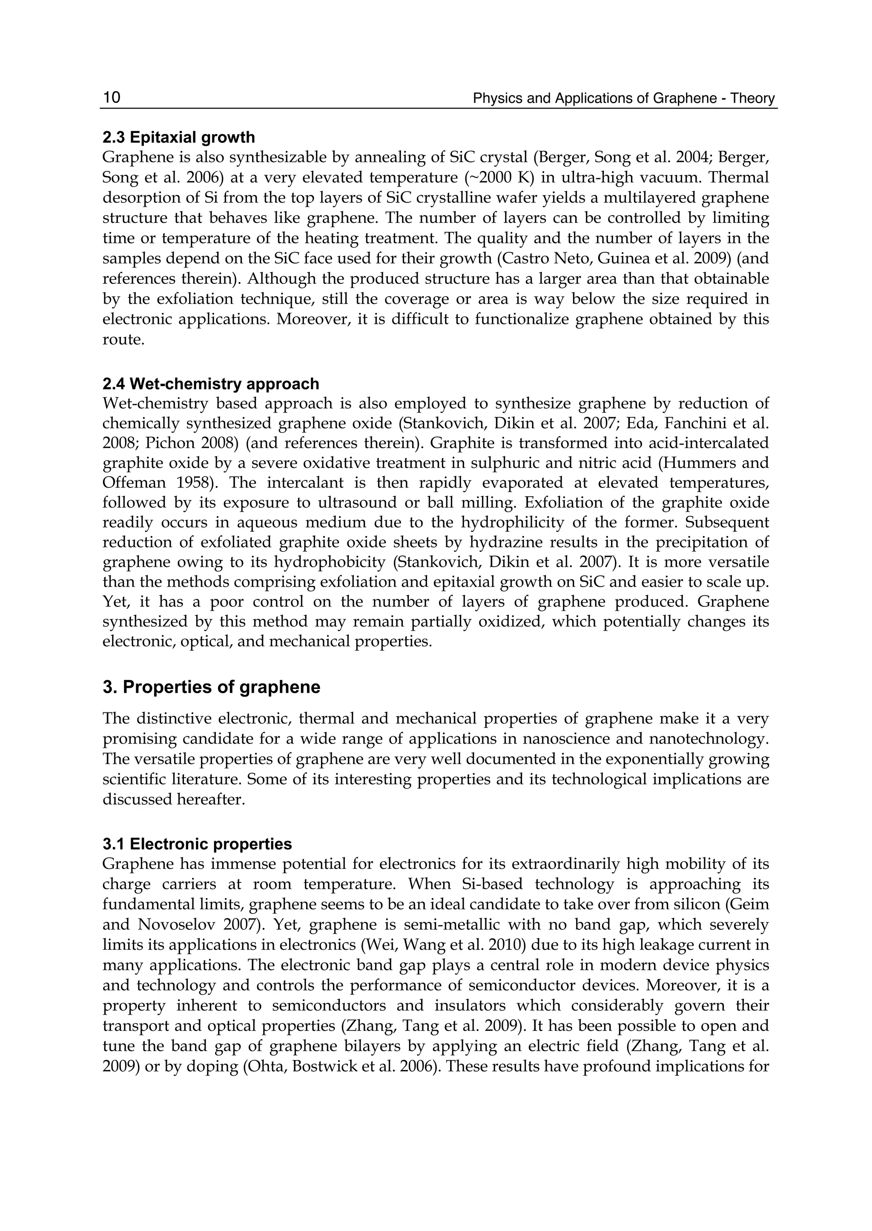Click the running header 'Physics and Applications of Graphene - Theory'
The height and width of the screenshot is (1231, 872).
point(624,98)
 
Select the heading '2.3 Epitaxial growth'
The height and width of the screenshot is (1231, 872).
point(179,138)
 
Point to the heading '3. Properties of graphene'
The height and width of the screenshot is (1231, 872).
point(211,687)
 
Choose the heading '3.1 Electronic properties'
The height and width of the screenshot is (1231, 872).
point(197,844)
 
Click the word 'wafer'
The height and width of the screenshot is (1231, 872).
point(542,198)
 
